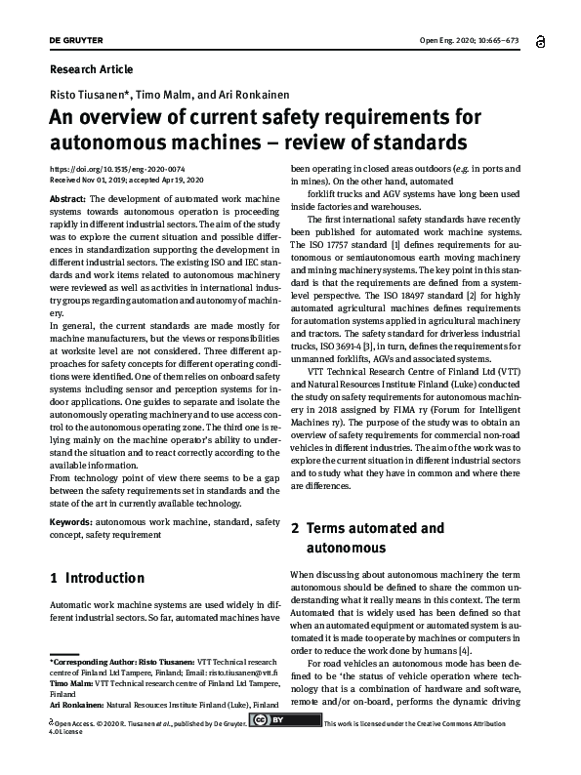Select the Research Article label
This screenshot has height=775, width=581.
(91, 69)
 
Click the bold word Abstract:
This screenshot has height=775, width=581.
(67, 198)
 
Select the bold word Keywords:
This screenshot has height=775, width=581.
(71, 523)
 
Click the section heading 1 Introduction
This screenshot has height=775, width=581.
(97, 578)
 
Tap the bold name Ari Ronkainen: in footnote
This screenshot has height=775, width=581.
(75, 704)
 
